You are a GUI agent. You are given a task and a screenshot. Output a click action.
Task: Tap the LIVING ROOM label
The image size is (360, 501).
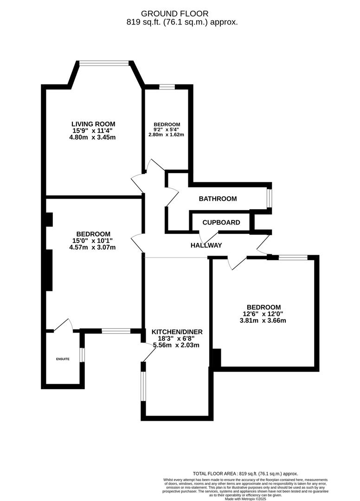tap(93, 124)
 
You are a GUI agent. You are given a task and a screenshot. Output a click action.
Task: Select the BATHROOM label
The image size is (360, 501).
tap(218, 199)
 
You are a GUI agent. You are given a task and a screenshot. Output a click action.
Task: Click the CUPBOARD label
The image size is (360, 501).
tap(221, 222)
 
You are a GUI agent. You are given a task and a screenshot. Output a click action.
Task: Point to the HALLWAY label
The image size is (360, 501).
tap(206, 245)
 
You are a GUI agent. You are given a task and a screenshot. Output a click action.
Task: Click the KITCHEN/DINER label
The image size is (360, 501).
tap(177, 332)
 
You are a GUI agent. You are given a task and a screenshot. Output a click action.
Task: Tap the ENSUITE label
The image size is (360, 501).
tap(63, 359)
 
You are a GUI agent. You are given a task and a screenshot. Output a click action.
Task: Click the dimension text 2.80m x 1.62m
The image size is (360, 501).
tap(167, 135)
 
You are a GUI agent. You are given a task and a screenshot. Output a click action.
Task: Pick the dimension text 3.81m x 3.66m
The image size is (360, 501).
tap(264, 320)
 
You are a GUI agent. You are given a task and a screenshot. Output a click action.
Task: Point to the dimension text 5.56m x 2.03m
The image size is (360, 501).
tap(177, 345)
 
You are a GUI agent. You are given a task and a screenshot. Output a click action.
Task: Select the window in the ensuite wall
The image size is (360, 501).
tap(82, 354)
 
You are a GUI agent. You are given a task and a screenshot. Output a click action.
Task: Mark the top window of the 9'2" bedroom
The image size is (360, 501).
tap(167, 86)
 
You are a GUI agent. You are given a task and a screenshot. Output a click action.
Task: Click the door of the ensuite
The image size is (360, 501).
tap(64, 325)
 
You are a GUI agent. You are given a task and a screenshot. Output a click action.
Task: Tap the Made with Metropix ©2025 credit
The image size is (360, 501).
tap(245, 499)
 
